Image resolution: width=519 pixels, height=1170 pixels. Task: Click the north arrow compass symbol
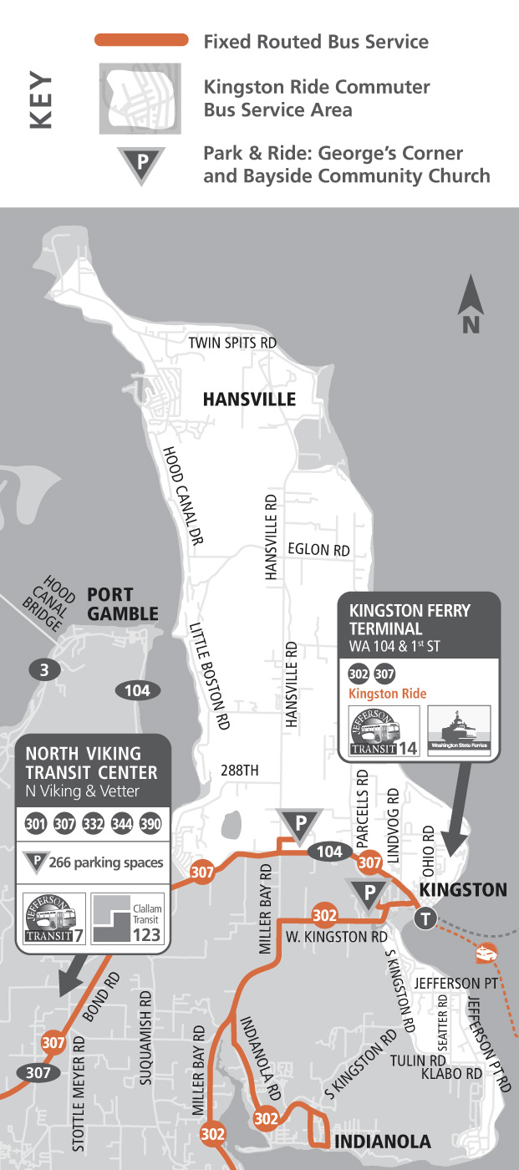(471, 306)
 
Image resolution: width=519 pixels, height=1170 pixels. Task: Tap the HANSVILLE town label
(249, 399)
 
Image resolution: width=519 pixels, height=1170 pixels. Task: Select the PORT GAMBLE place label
(122, 604)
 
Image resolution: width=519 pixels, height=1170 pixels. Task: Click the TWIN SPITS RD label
(232, 343)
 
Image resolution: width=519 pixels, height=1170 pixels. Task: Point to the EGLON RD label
(318, 550)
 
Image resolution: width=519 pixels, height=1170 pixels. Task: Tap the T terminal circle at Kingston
(426, 918)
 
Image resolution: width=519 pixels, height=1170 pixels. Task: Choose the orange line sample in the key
(141, 39)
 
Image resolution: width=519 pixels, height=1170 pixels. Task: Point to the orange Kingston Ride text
(387, 694)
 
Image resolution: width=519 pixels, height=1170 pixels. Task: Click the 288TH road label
(240, 771)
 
